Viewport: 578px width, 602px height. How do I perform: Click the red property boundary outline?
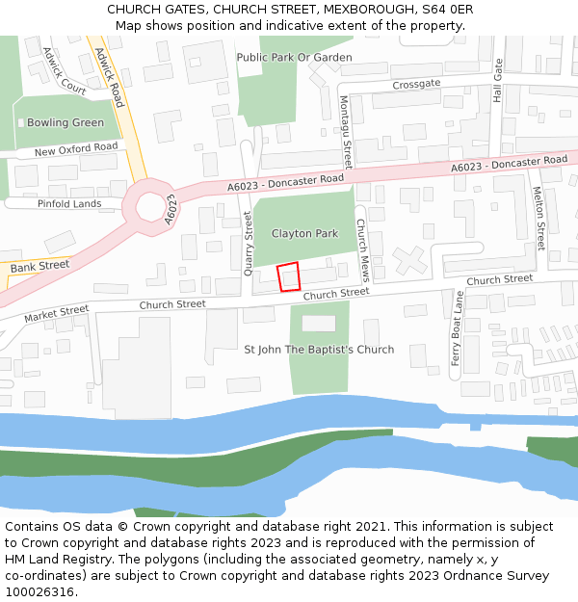point(289,276)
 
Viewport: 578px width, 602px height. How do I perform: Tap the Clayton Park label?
point(304,234)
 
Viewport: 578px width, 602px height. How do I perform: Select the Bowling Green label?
point(66,123)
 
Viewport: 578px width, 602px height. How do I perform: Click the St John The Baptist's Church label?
point(319,350)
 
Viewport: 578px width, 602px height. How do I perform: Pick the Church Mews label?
point(361,249)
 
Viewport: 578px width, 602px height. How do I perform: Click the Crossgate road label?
point(416,84)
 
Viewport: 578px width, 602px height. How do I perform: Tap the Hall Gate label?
point(498,80)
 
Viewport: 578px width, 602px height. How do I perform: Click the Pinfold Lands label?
point(69,204)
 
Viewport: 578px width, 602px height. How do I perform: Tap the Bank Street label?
point(40,265)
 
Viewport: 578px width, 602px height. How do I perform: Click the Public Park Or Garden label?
point(294,58)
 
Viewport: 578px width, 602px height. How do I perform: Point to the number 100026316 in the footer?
point(39,592)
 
